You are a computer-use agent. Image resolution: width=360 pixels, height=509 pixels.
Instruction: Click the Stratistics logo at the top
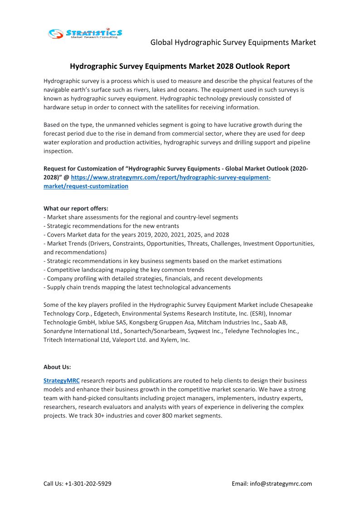click(x=85, y=33)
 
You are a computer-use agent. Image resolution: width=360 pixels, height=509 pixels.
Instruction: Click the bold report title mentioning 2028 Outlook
click(x=180, y=66)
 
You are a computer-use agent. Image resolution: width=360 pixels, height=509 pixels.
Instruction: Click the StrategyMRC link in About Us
click(x=61, y=380)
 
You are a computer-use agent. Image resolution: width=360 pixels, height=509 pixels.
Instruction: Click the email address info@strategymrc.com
click(x=281, y=483)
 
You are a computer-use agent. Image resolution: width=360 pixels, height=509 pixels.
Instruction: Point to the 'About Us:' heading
click(x=57, y=367)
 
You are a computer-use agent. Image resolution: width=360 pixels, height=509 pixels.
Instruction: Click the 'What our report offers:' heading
click(x=76, y=208)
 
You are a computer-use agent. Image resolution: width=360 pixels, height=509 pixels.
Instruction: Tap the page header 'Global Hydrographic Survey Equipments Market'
click(x=233, y=42)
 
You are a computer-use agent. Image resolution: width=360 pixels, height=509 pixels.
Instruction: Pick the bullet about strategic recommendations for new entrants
click(x=111, y=226)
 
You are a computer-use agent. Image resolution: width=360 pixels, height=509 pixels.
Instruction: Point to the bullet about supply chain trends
click(x=137, y=287)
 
